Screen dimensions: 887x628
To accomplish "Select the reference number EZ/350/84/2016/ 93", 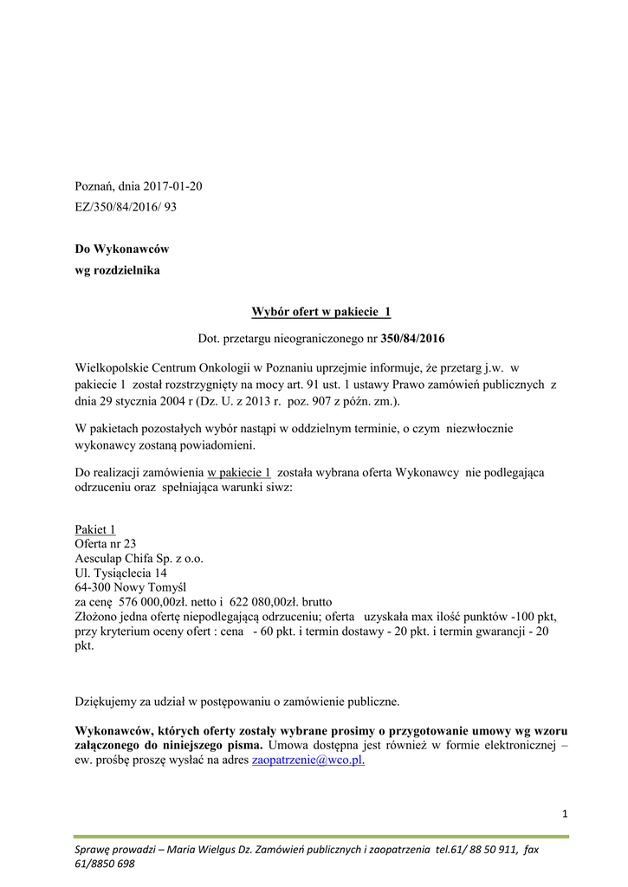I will point(126,207).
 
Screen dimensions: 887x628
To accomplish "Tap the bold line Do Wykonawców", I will point(122,249).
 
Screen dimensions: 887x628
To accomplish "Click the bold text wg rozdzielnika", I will point(117,269).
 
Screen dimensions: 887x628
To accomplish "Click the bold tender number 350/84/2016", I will point(412,338).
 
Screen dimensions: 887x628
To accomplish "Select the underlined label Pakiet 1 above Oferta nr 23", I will point(95,529).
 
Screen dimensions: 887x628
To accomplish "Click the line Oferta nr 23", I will point(106,544).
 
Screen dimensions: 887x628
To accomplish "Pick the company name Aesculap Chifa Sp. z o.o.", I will point(139,559).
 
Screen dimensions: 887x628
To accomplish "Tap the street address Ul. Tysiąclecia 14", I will point(121,573).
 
